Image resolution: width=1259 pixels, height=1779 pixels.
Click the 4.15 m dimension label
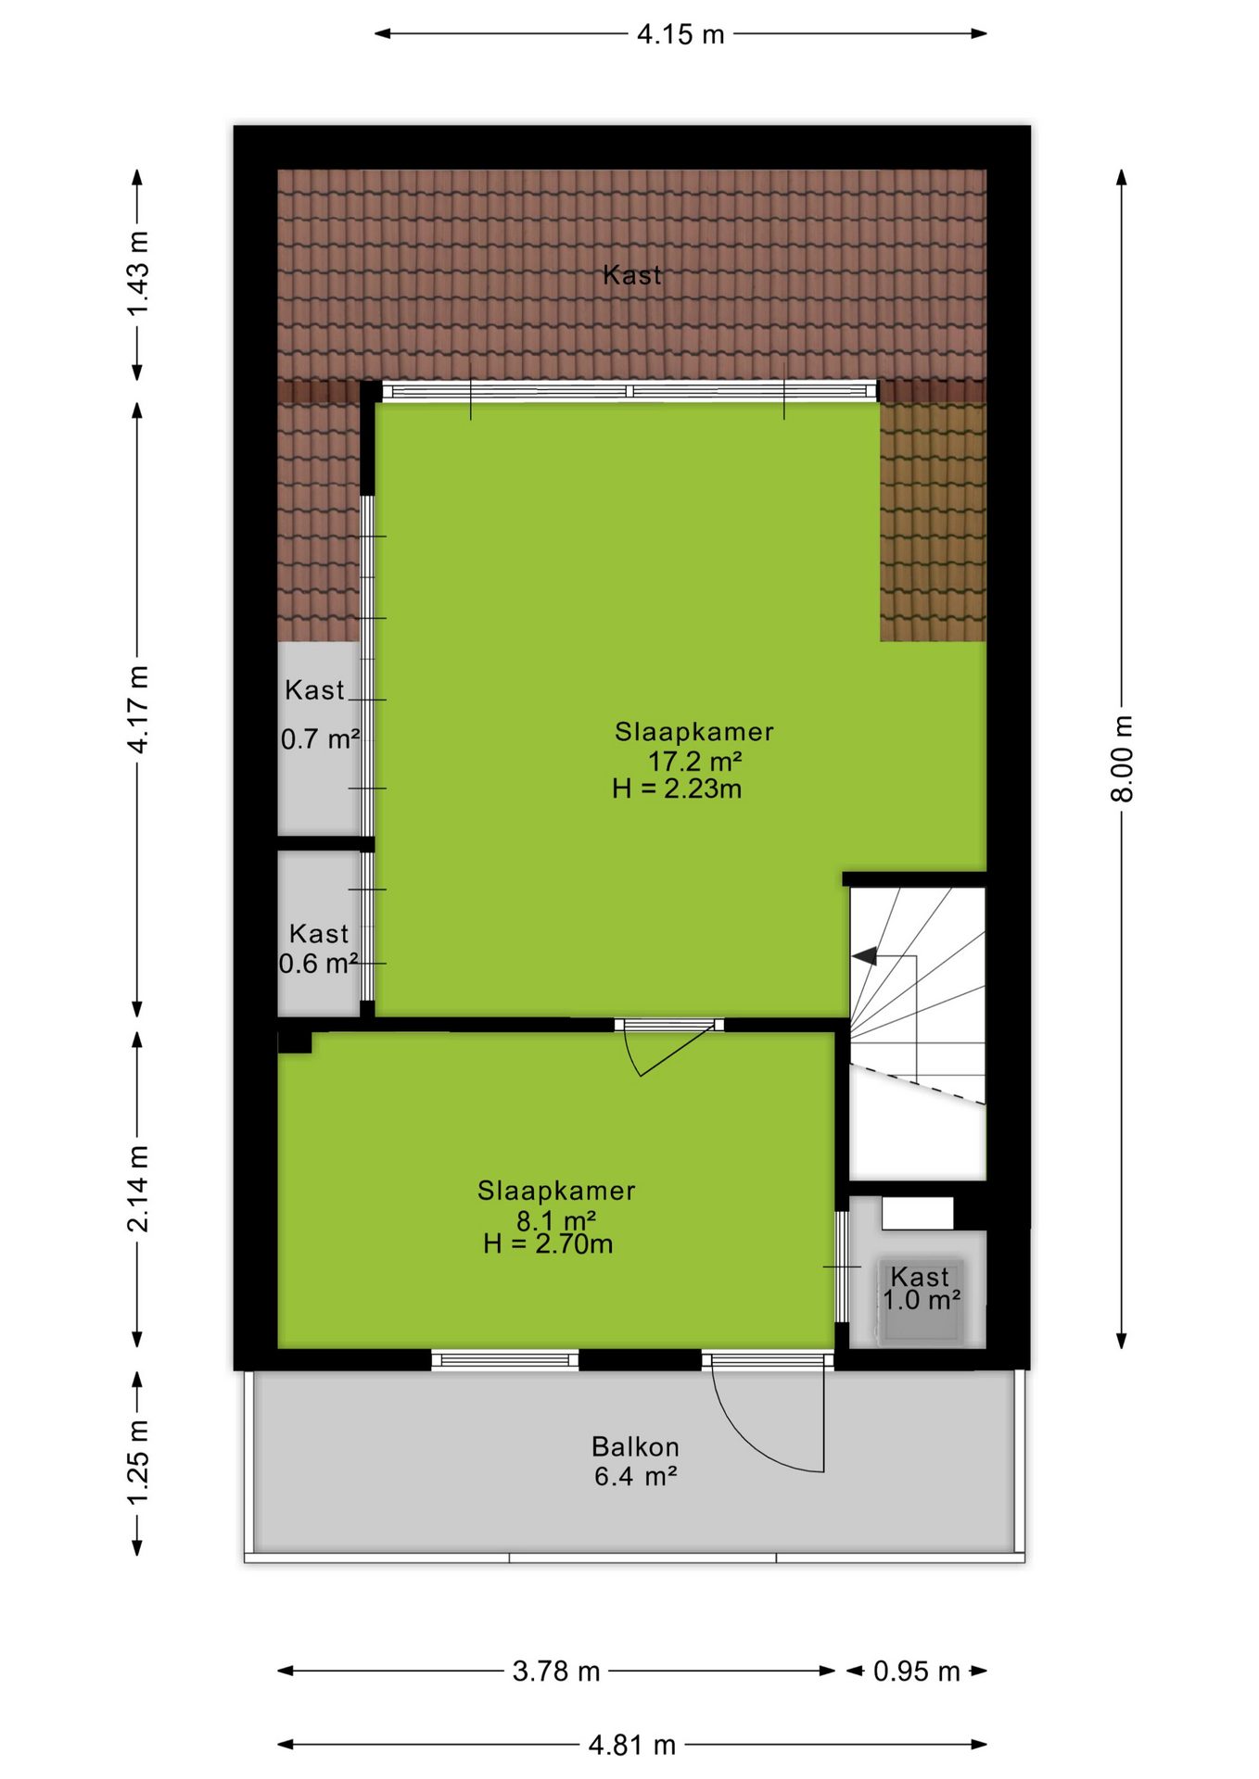[680, 34]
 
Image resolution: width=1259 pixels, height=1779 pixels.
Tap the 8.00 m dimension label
[1122, 758]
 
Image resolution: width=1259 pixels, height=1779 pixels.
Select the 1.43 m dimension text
[137, 274]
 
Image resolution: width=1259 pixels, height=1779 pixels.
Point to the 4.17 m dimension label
[137, 709]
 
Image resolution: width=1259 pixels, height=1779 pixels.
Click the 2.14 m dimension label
[137, 1189]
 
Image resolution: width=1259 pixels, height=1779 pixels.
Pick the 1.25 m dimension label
[137, 1463]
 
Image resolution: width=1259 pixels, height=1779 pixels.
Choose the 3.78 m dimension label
[556, 1672]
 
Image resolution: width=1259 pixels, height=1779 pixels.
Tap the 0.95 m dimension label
[916, 1672]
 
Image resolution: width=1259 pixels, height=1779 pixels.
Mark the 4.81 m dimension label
[632, 1746]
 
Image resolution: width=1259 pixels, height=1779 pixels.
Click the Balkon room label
[635, 1446]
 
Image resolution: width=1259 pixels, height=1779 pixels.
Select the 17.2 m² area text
[694, 762]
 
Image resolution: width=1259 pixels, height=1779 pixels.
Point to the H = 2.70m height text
[548, 1244]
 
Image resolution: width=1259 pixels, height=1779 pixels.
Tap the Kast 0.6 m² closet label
[319, 949]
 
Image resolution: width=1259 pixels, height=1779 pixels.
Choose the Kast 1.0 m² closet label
[921, 1289]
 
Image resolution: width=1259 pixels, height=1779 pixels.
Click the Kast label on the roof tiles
[632, 275]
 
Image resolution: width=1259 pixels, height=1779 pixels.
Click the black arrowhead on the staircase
[864, 956]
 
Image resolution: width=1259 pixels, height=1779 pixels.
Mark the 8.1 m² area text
[556, 1220]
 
